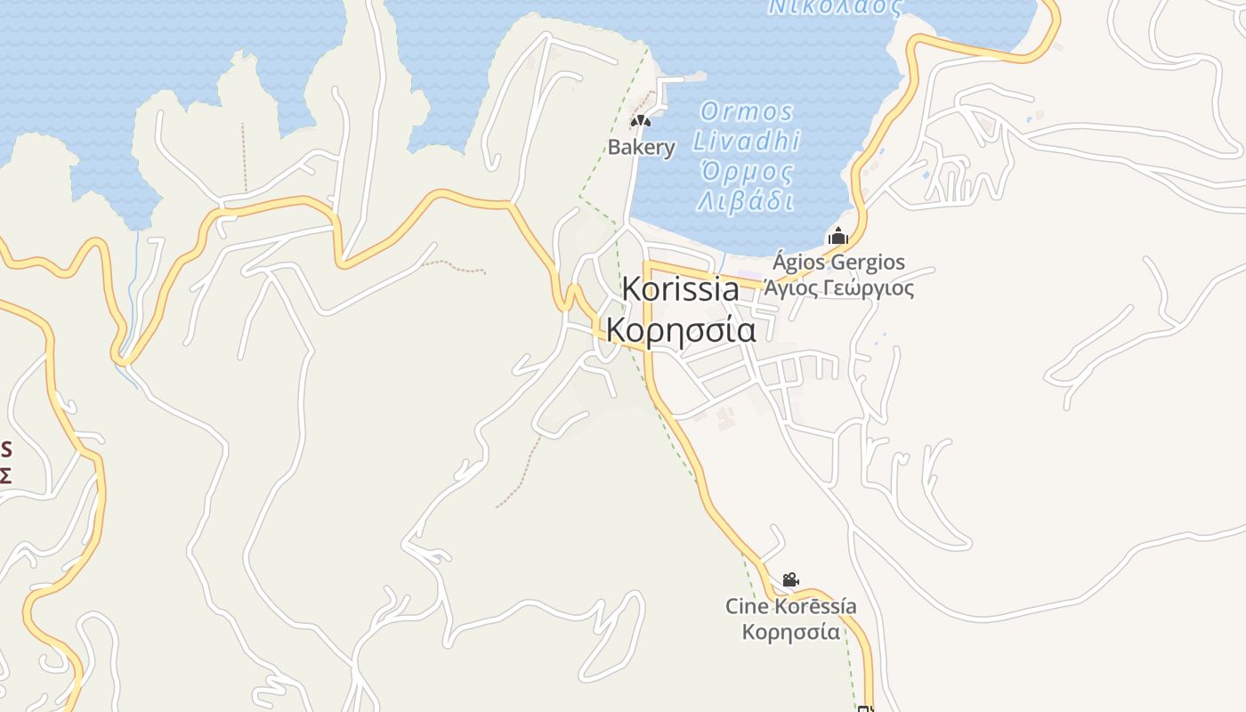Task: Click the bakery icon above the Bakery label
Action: (x=641, y=121)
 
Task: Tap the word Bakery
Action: (x=641, y=147)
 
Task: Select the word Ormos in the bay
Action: (x=747, y=112)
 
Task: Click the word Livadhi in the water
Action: (x=747, y=141)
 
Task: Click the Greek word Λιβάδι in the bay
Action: (x=746, y=201)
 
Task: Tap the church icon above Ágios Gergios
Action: (x=837, y=237)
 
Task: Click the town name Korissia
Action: (x=680, y=289)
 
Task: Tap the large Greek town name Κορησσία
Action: (x=681, y=329)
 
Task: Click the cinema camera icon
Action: (x=790, y=580)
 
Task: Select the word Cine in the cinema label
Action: (x=745, y=607)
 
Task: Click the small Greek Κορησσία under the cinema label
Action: (x=791, y=632)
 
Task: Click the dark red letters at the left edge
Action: (x=5, y=461)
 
